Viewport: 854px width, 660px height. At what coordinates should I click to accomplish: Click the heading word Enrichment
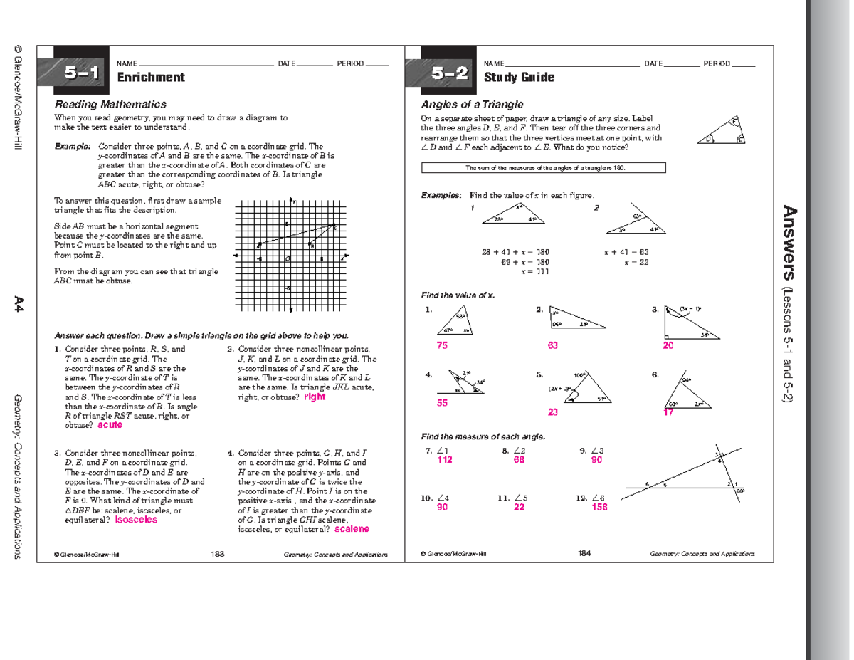tap(151, 78)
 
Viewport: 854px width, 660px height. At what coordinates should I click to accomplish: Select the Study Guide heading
tap(519, 78)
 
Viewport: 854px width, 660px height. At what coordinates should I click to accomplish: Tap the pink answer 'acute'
tap(110, 425)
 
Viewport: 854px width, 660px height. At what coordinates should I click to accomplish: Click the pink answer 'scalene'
tap(352, 530)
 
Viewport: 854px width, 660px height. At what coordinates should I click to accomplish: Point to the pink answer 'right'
tap(315, 397)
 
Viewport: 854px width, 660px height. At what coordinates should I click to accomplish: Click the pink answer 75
tap(443, 345)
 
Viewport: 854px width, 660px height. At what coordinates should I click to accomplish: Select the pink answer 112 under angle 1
tap(445, 461)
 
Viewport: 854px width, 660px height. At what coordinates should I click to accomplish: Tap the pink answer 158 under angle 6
tap(599, 507)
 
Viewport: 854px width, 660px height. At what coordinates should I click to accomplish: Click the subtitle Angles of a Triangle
tap(472, 104)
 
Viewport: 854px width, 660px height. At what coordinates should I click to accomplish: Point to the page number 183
tap(218, 553)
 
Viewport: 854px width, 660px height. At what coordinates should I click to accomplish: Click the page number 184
tap(585, 553)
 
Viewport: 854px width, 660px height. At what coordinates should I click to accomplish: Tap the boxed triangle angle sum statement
tap(544, 168)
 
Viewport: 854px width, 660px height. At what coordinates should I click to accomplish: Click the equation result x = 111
tap(534, 272)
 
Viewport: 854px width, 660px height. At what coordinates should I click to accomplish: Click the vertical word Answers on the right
tap(789, 243)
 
